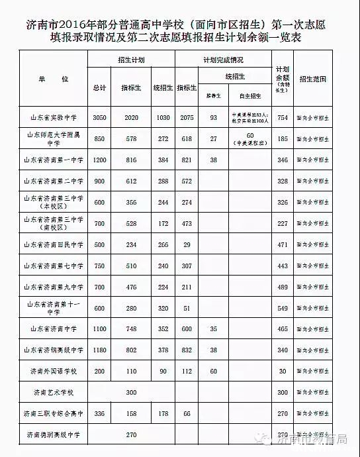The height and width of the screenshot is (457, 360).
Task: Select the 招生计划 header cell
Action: (132, 60)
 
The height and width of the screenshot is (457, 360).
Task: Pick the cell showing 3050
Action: (99, 117)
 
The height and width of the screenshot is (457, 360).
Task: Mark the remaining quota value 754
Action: (283, 117)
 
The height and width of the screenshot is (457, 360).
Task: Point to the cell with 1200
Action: (99, 160)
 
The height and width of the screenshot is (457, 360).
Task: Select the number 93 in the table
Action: (213, 117)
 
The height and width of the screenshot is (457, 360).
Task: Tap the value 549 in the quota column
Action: (283, 308)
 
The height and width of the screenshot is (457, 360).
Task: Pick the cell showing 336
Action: (99, 414)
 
